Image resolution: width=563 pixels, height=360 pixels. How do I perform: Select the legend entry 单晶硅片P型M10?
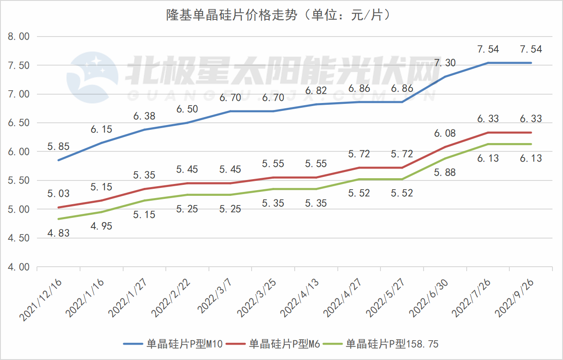click(x=184, y=344)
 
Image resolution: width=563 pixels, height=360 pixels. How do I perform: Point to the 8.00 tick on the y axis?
click(x=19, y=37)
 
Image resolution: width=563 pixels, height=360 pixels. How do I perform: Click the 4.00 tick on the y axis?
click(x=19, y=267)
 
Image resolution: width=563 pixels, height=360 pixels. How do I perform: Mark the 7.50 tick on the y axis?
click(x=19, y=66)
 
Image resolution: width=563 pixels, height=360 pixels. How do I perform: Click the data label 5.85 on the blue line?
click(x=58, y=147)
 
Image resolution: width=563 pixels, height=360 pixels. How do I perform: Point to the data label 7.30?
click(x=445, y=63)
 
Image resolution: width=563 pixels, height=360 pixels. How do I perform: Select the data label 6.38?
click(x=144, y=117)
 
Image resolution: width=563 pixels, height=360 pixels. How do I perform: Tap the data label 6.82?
click(x=315, y=91)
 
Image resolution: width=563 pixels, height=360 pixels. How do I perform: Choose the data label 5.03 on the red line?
click(x=58, y=194)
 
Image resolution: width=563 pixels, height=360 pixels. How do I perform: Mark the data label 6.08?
click(x=445, y=133)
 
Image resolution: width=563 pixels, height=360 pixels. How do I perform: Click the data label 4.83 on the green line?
click(x=58, y=233)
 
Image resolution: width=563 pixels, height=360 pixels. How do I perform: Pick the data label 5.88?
click(x=445, y=173)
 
